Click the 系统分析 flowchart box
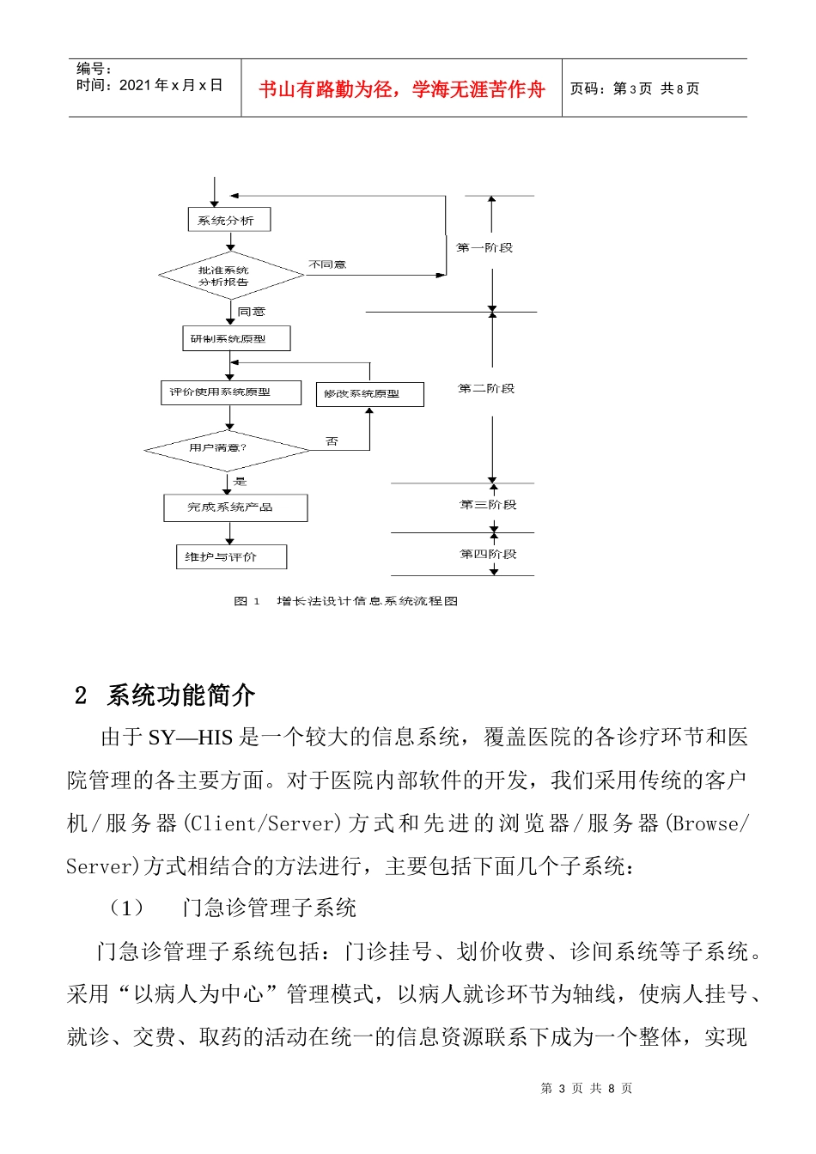point(228,220)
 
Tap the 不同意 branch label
point(327,264)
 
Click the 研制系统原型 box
point(236,338)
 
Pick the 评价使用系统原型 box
point(230,392)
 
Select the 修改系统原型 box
point(369,394)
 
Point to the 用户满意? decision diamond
point(227,448)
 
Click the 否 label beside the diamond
point(332,441)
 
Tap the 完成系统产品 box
point(235,507)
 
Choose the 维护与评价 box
point(230,557)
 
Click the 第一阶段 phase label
point(484,248)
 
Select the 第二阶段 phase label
point(486,389)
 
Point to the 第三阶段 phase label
point(488,505)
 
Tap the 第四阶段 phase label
point(488,555)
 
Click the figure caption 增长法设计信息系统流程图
point(367,601)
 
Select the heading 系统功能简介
point(181,695)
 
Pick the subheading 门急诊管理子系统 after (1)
point(270,908)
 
